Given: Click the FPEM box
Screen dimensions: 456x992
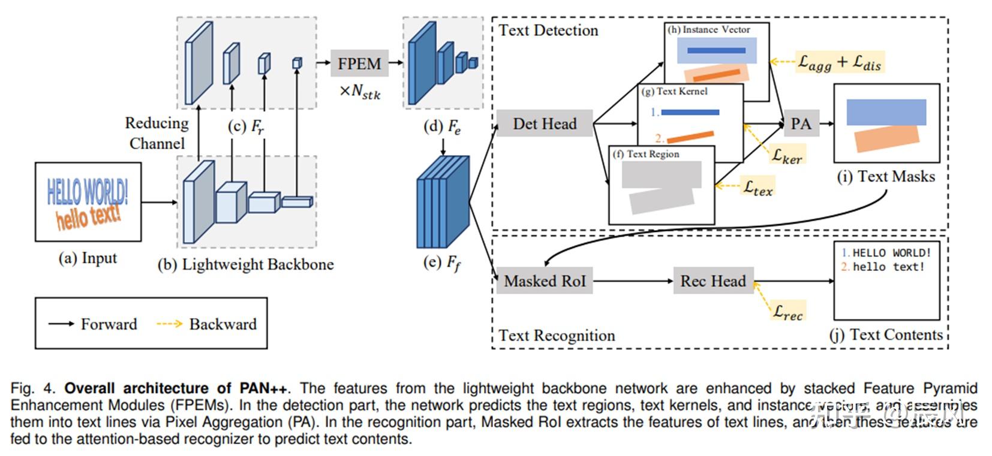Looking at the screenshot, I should pyautogui.click(x=359, y=64).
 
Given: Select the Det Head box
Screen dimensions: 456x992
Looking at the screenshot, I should pyautogui.click(x=545, y=123).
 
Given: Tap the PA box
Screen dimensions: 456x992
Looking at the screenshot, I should pyautogui.click(x=801, y=124).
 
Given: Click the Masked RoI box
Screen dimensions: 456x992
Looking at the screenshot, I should pyautogui.click(x=545, y=280).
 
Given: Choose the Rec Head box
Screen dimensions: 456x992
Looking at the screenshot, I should pyautogui.click(x=713, y=281).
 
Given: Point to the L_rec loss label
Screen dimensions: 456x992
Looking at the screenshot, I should pyautogui.click(x=787, y=311).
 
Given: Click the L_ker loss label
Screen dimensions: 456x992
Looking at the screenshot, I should pyautogui.click(x=786, y=156).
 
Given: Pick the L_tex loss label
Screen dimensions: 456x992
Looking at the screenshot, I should pyautogui.click(x=758, y=187).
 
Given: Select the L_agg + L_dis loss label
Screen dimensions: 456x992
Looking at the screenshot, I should pyautogui.click(x=839, y=62).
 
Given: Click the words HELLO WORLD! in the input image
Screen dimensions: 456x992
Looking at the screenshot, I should pyautogui.click(x=88, y=191).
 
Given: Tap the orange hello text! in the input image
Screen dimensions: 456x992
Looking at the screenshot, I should pyautogui.click(x=89, y=216).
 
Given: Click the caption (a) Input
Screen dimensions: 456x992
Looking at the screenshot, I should pyautogui.click(x=88, y=258).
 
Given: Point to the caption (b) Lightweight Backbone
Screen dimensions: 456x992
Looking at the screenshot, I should pyautogui.click(x=245, y=265).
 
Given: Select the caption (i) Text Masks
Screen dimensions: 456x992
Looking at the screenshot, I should pyautogui.click(x=886, y=176).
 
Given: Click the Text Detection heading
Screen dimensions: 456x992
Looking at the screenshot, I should pyautogui.click(x=548, y=31).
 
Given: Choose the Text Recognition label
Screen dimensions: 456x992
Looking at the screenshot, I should pyautogui.click(x=557, y=336).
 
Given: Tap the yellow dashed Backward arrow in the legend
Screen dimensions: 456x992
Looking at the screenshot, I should pyautogui.click(x=169, y=324).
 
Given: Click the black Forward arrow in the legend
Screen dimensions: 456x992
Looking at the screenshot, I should pyautogui.click(x=61, y=324).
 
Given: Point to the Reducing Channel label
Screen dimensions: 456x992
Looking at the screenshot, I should pyautogui.click(x=157, y=133).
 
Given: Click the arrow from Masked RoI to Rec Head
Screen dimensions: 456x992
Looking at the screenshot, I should pyautogui.click(x=633, y=281).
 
